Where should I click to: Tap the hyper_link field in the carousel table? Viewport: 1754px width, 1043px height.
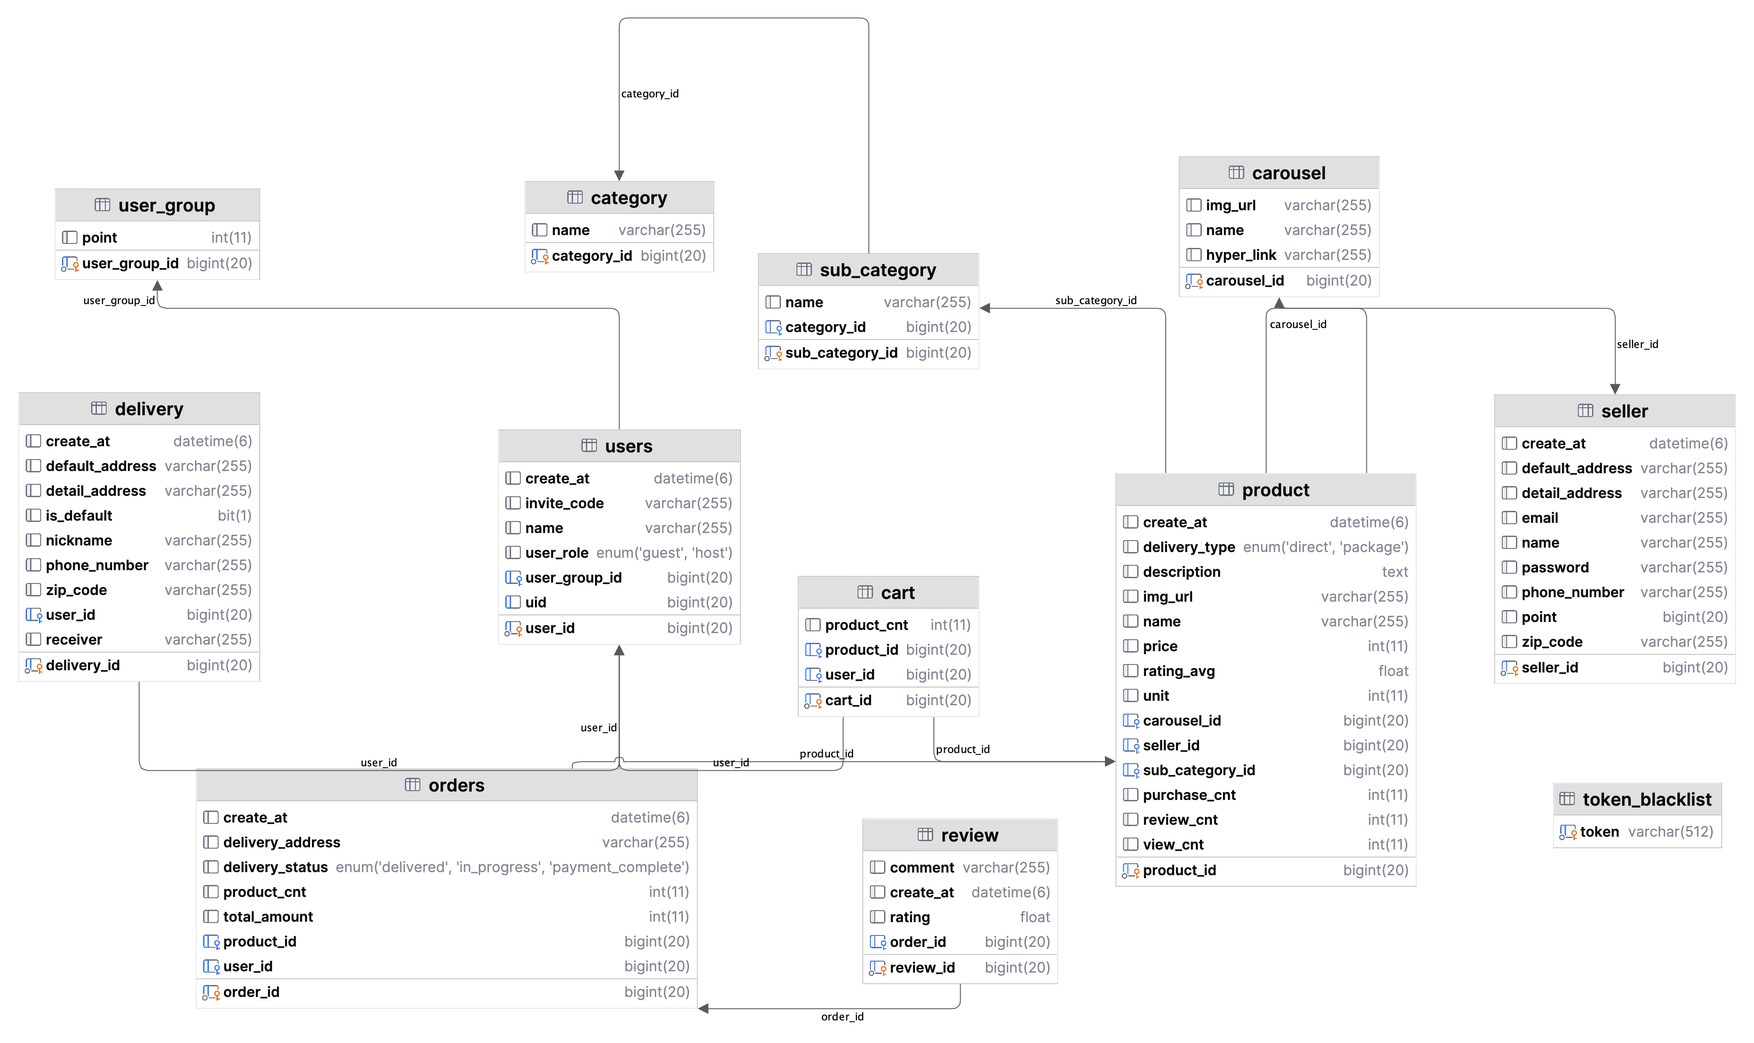click(1241, 255)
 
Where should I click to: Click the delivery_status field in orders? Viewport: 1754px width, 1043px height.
click(275, 867)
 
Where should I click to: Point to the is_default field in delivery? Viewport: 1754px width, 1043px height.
click(79, 515)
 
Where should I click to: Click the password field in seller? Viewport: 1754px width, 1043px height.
click(1554, 567)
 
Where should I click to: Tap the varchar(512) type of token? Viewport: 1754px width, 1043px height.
click(1669, 831)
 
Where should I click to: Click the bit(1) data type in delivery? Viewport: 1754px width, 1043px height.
click(234, 515)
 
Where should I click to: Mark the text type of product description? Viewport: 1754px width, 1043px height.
click(1394, 572)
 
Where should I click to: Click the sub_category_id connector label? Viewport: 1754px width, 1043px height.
click(1095, 300)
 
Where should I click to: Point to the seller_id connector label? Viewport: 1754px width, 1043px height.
click(1637, 344)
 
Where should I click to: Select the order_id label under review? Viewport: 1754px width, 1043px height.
click(842, 1016)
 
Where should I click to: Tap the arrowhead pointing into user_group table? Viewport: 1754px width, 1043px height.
click(158, 286)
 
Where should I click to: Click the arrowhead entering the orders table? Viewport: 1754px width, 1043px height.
click(703, 1008)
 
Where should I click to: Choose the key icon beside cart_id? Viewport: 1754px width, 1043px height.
click(813, 700)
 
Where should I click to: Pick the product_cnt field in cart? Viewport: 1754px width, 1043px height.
click(866, 625)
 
